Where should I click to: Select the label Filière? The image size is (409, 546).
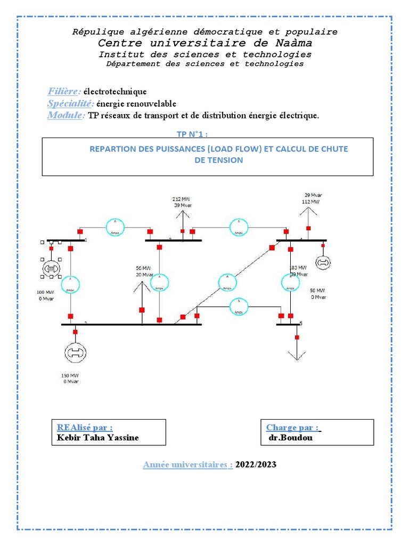point(64,91)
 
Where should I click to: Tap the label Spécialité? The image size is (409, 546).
point(71,103)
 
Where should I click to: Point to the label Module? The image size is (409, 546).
point(66,115)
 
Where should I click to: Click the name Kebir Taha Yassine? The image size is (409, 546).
point(97,437)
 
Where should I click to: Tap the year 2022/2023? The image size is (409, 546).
point(256,464)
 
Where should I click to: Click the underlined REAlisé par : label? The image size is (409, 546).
point(85,427)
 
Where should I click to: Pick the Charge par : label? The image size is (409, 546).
point(293,427)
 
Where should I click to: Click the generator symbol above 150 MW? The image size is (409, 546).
point(75,352)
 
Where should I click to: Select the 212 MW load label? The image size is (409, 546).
point(182,198)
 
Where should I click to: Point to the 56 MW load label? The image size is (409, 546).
point(143,268)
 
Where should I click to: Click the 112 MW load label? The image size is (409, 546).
point(311,202)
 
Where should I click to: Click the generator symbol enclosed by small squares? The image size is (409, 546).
point(52,268)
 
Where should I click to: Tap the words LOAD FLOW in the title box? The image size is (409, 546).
point(235,149)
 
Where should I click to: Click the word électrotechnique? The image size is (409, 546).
point(114,92)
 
